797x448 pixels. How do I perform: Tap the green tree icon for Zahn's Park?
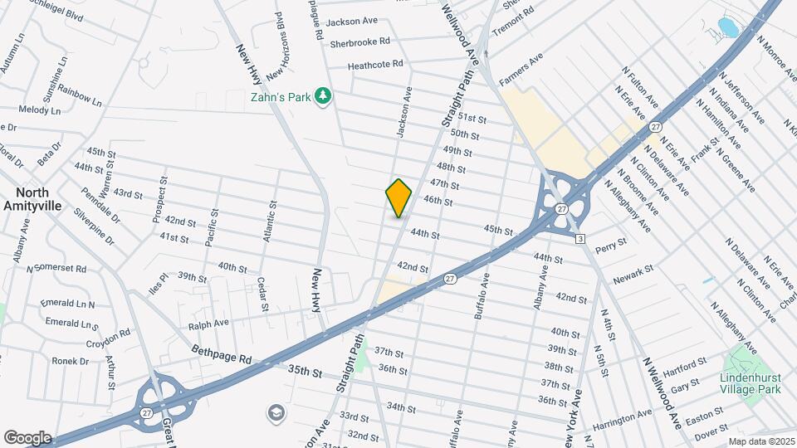point(323,97)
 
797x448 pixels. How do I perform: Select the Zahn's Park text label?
point(280,97)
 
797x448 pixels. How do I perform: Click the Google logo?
point(27,438)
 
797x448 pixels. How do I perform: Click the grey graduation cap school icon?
point(275,412)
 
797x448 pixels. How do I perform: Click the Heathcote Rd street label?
point(375,64)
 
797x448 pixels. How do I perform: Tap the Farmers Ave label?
point(521,69)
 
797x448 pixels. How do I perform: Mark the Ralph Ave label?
point(209,323)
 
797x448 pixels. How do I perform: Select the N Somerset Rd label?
point(56,269)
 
